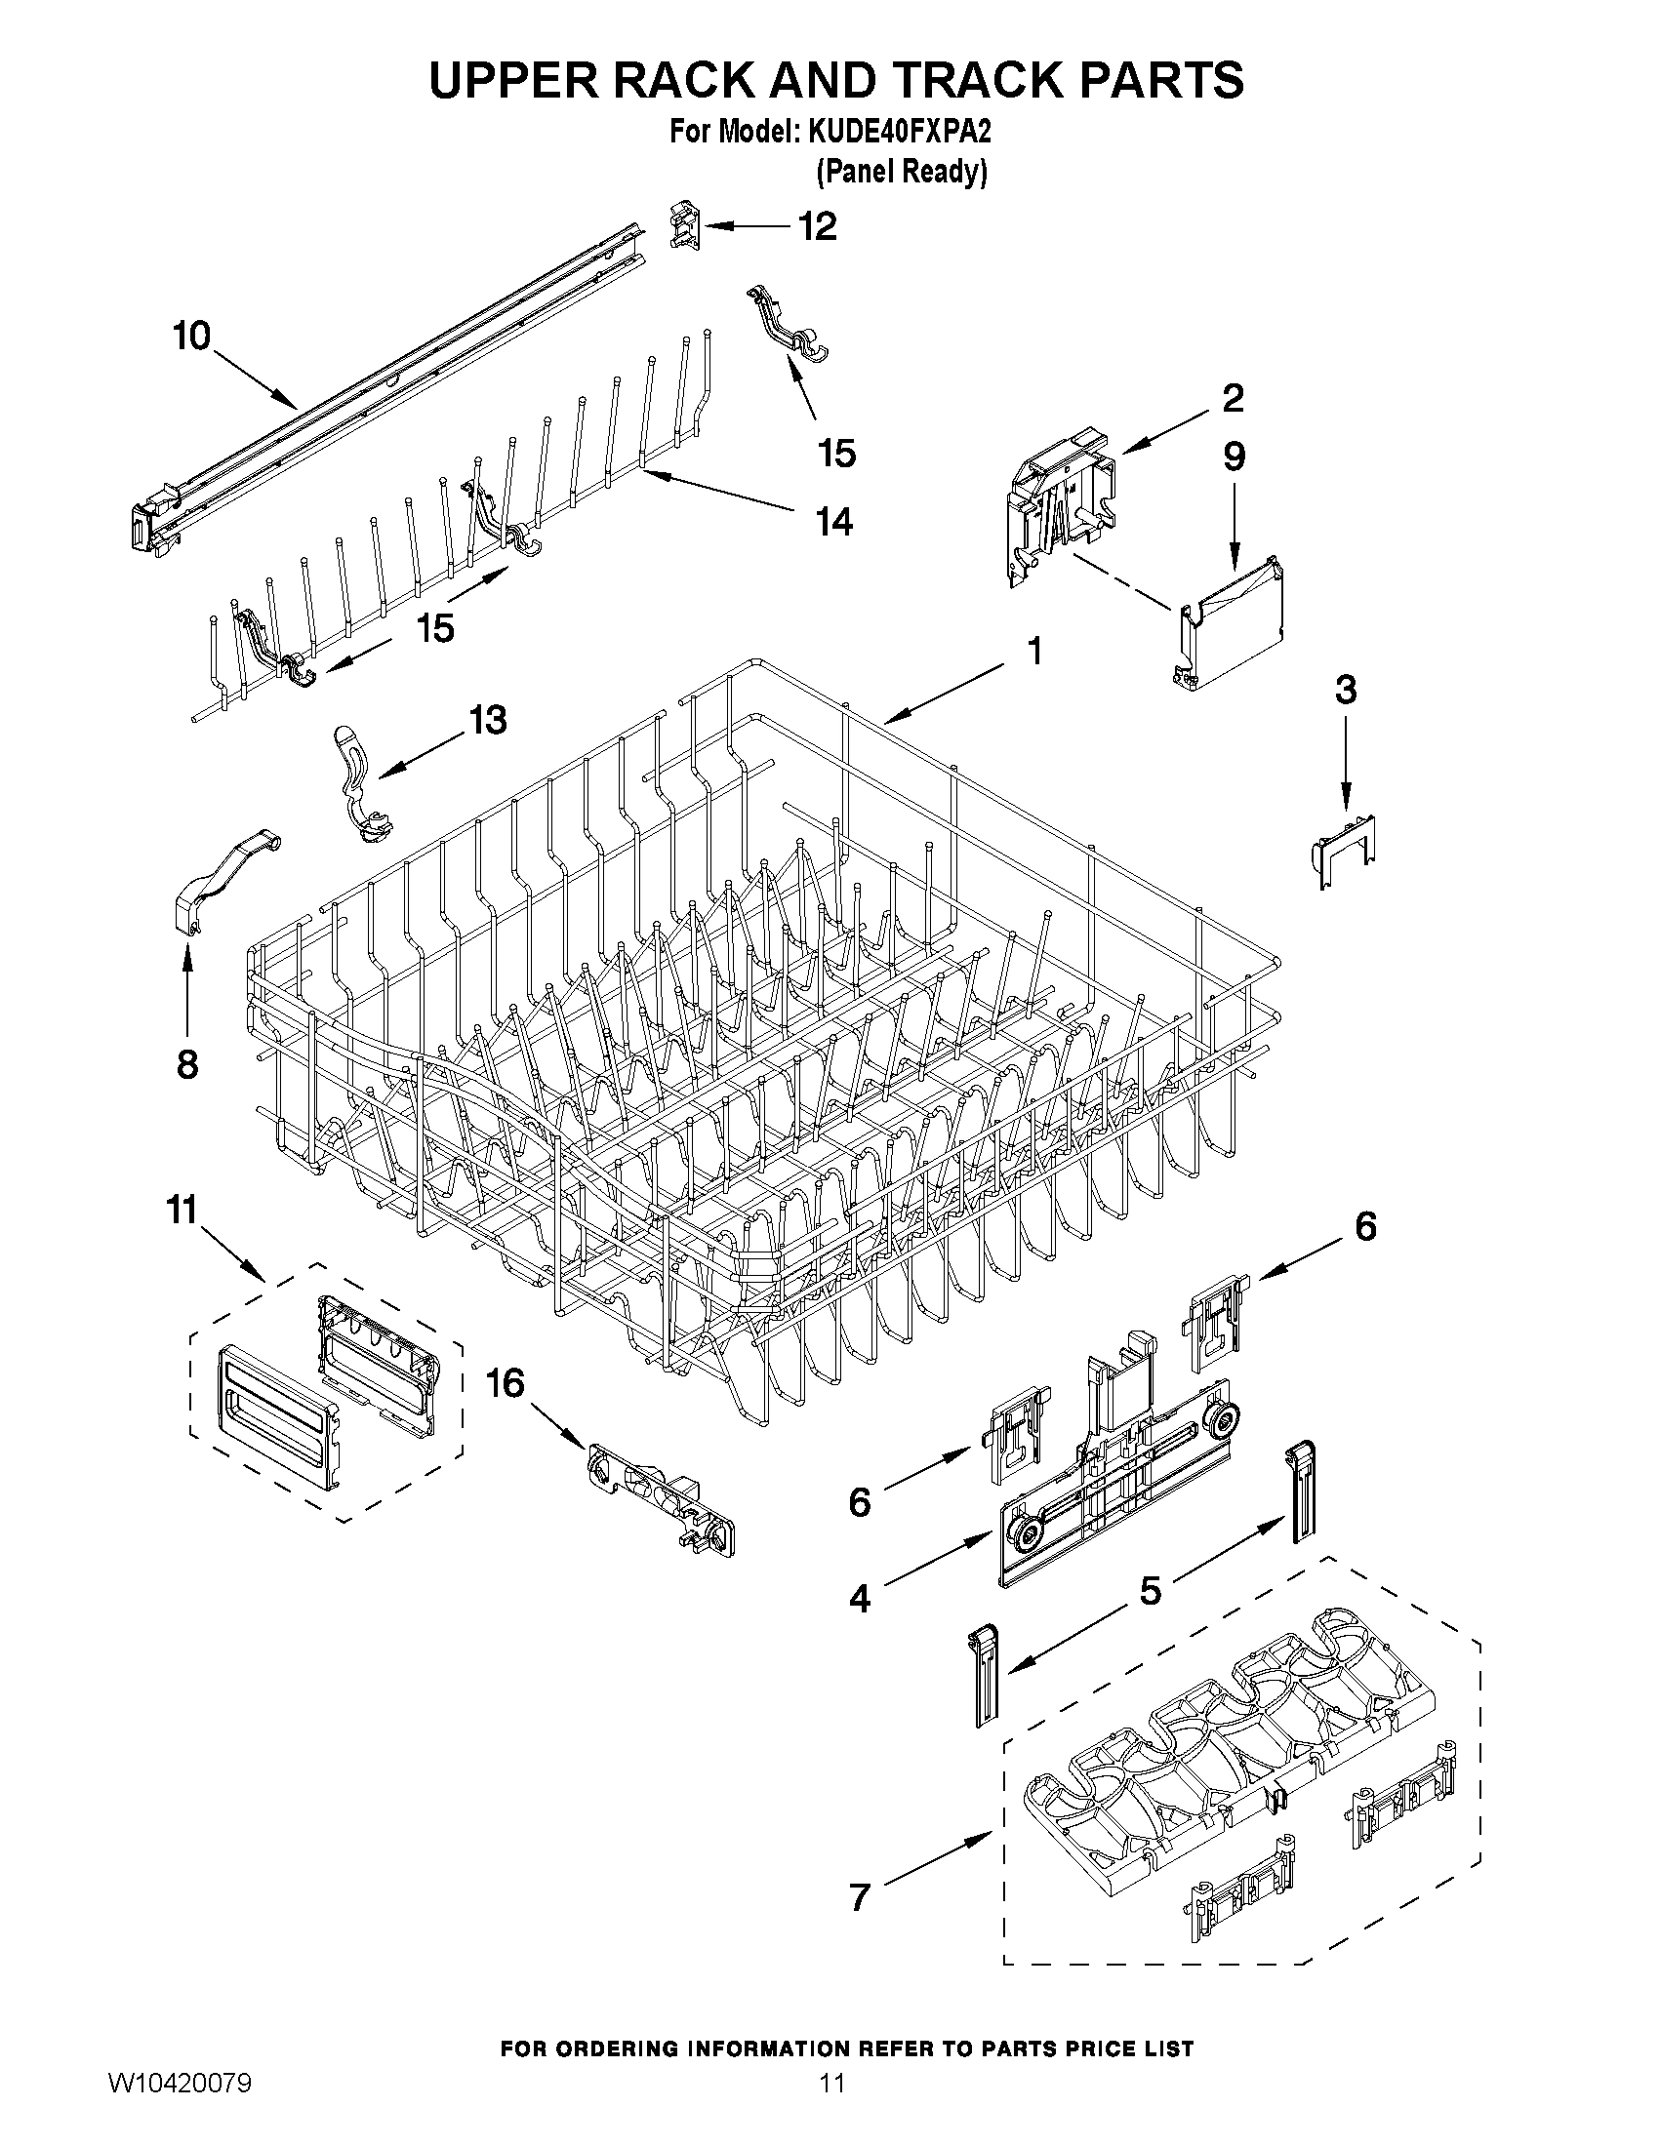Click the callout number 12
tap(816, 226)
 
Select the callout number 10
tap(192, 337)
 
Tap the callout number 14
tap(834, 521)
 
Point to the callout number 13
tap(487, 720)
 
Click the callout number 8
tap(186, 1063)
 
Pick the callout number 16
tap(506, 1384)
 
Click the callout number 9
tap(1234, 457)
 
